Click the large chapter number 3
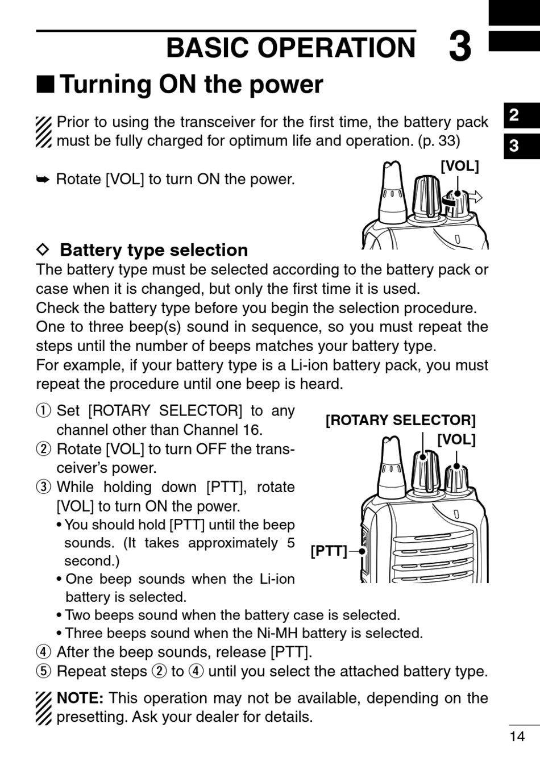click(x=460, y=47)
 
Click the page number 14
click(x=517, y=737)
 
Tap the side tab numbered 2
click(x=514, y=115)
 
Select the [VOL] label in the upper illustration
click(x=460, y=166)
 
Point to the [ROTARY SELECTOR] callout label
click(x=400, y=420)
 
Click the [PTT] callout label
click(x=329, y=551)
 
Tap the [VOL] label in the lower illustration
click(x=456, y=439)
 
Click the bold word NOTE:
click(x=80, y=698)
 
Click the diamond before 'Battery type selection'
click(x=44, y=249)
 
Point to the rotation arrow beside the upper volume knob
click(x=472, y=198)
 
